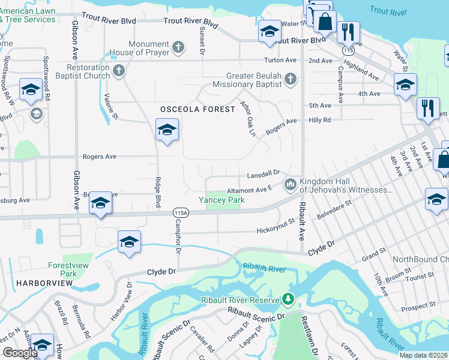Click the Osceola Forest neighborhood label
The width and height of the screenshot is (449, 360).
(197, 109)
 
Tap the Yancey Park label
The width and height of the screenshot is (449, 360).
(221, 200)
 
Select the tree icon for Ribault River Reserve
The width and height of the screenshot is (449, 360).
(289, 299)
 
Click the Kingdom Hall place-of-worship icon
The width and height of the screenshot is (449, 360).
(291, 184)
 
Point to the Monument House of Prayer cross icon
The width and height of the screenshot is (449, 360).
(178, 47)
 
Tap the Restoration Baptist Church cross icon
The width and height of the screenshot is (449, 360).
(119, 71)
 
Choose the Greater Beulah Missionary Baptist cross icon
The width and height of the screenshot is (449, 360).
(291, 79)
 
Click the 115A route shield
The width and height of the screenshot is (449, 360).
(181, 212)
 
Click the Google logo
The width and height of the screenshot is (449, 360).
(20, 352)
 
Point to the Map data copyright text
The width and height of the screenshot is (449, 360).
(423, 355)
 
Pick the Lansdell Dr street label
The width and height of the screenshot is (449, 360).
(264, 173)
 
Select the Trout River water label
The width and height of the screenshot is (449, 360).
(388, 10)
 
